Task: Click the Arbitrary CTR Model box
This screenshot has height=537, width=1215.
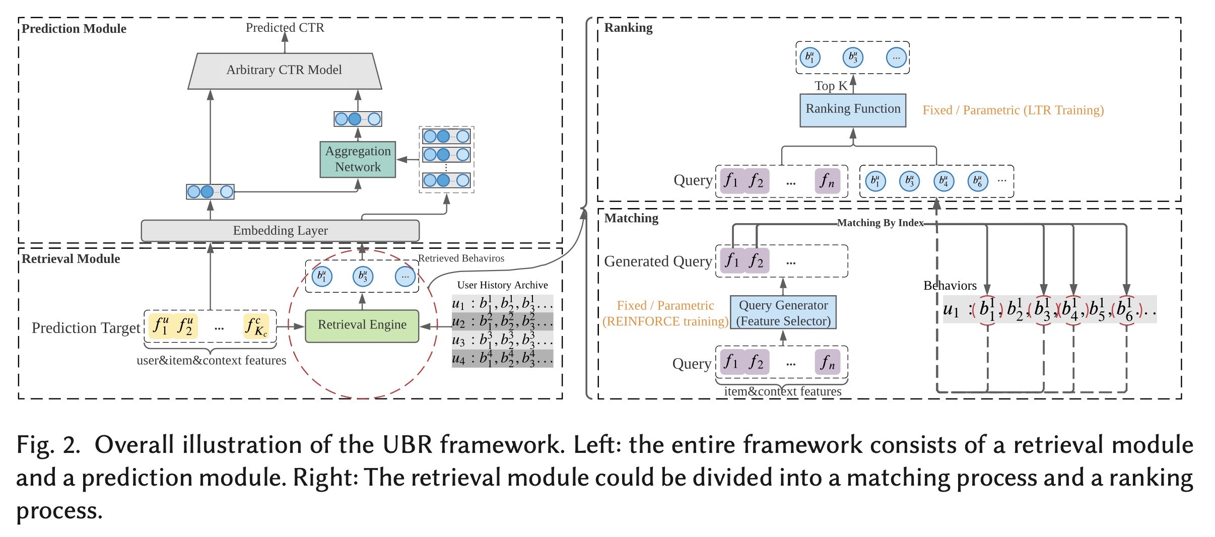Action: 285,71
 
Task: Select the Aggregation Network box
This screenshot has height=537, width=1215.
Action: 358,159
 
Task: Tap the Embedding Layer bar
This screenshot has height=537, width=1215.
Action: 280,231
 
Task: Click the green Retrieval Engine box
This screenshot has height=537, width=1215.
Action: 362,325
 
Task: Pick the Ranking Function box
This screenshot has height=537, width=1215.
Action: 853,109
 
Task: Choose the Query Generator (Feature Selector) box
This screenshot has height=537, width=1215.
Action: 783,313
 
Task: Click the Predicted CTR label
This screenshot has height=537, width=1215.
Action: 285,28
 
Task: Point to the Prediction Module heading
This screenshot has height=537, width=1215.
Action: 74,29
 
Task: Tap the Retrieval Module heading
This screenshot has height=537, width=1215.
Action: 71,259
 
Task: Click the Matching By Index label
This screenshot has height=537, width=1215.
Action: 880,223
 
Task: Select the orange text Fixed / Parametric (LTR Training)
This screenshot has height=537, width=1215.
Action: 1013,110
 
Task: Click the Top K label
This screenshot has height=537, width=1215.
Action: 831,86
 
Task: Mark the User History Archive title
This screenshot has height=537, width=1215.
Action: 502,285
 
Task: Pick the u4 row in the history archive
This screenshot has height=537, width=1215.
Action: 502,358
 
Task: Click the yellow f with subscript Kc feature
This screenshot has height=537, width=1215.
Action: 256,326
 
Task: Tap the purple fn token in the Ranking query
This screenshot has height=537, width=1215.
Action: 827,181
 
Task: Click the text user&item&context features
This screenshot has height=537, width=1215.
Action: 211,361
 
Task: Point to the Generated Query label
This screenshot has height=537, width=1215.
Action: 658,261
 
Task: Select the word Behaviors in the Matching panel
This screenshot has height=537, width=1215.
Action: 950,286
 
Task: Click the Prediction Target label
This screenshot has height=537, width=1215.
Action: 86,328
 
